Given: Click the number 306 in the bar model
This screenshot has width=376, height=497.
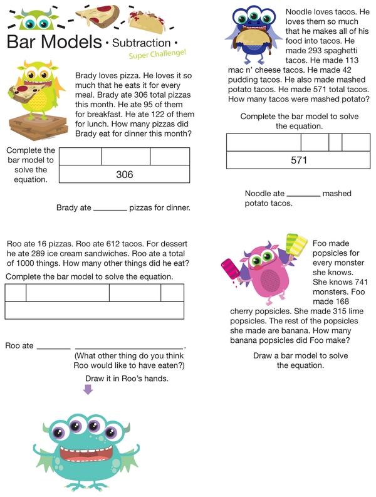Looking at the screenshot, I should [x=125, y=174].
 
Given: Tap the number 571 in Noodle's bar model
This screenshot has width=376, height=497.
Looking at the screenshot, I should [x=299, y=160].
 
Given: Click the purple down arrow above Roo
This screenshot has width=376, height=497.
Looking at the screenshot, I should [x=88, y=390].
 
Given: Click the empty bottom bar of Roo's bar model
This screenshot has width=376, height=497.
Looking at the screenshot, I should [x=95, y=311].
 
